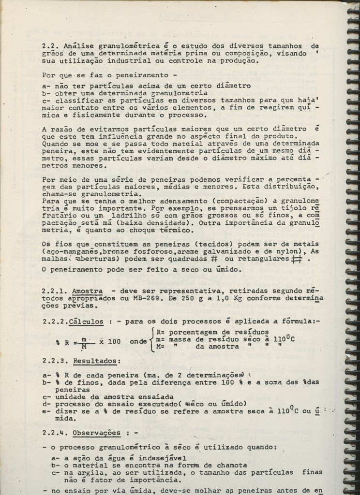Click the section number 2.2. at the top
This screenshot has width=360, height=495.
(50, 46)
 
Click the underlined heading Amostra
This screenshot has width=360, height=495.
(86, 291)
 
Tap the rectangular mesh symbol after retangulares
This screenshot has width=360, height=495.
(298, 260)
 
